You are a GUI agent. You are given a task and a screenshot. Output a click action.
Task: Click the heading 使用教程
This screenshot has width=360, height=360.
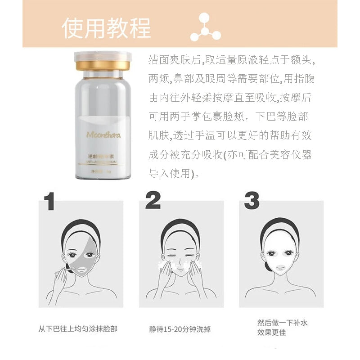tap(106, 28)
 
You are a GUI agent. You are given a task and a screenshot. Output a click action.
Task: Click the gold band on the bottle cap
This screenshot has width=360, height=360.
tap(103, 66)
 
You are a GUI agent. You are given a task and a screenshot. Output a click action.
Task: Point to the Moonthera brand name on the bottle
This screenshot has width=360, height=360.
tap(103, 135)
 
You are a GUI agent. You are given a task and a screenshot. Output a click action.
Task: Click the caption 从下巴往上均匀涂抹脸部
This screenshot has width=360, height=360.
tap(78, 329)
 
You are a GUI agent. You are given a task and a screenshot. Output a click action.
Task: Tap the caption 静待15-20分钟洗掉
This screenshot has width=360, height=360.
tap(180, 329)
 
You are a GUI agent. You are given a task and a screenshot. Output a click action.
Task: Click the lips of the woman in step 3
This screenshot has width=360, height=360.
tap(280, 268)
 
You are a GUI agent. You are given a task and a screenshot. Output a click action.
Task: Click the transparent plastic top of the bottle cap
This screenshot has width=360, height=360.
tap(103, 57)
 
